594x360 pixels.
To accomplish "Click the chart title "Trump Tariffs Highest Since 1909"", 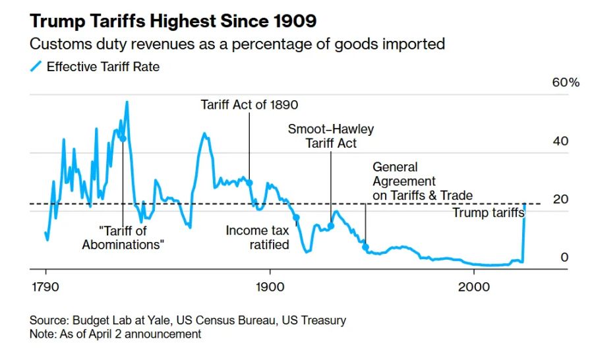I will point(173,21).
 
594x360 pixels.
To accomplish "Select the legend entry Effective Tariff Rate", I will point(102,67).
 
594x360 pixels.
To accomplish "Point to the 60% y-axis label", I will point(566,83).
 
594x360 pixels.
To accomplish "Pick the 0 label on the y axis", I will point(564,257).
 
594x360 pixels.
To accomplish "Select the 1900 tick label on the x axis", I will point(270,288).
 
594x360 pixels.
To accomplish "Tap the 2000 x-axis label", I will point(473,288).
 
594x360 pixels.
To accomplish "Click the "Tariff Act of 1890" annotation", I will point(249,104).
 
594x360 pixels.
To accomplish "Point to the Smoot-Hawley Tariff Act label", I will point(331,136).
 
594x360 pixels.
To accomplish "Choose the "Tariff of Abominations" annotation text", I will point(123,238).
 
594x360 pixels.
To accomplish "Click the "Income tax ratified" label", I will point(257,238).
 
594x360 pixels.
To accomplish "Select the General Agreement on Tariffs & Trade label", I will point(422,181).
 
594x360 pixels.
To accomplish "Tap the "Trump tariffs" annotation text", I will point(488,212).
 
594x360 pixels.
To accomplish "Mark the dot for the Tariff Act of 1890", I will point(249,182).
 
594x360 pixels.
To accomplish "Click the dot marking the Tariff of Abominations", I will point(123,138).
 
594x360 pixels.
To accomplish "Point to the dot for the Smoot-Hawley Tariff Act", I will point(332,226).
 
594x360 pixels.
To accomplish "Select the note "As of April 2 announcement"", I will point(131,334).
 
